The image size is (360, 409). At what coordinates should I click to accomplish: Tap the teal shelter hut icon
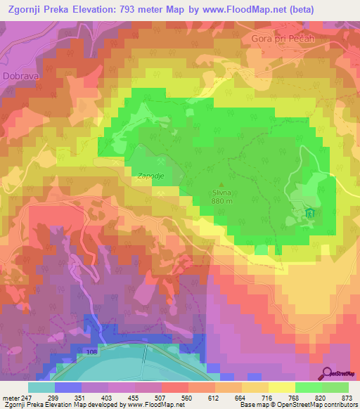pyautogui.click(x=310, y=213)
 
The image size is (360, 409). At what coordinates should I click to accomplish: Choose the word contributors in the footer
pyautogui.click(x=339, y=405)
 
